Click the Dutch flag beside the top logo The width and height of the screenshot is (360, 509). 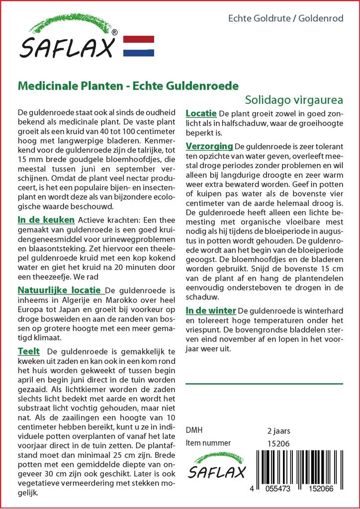click(x=138, y=46)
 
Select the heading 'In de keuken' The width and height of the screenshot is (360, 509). click(x=46, y=220)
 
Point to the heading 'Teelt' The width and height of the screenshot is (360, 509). click(x=28, y=351)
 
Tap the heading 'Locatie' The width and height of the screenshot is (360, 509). click(x=201, y=113)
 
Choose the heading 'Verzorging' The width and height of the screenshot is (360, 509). click(x=209, y=146)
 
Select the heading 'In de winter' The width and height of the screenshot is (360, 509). click(x=210, y=310)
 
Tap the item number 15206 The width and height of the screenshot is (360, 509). click(x=278, y=443)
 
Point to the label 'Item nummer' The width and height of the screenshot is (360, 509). click(x=208, y=443)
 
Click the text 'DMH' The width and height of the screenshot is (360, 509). click(x=193, y=430)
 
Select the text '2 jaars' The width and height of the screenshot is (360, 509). click(x=278, y=430)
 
